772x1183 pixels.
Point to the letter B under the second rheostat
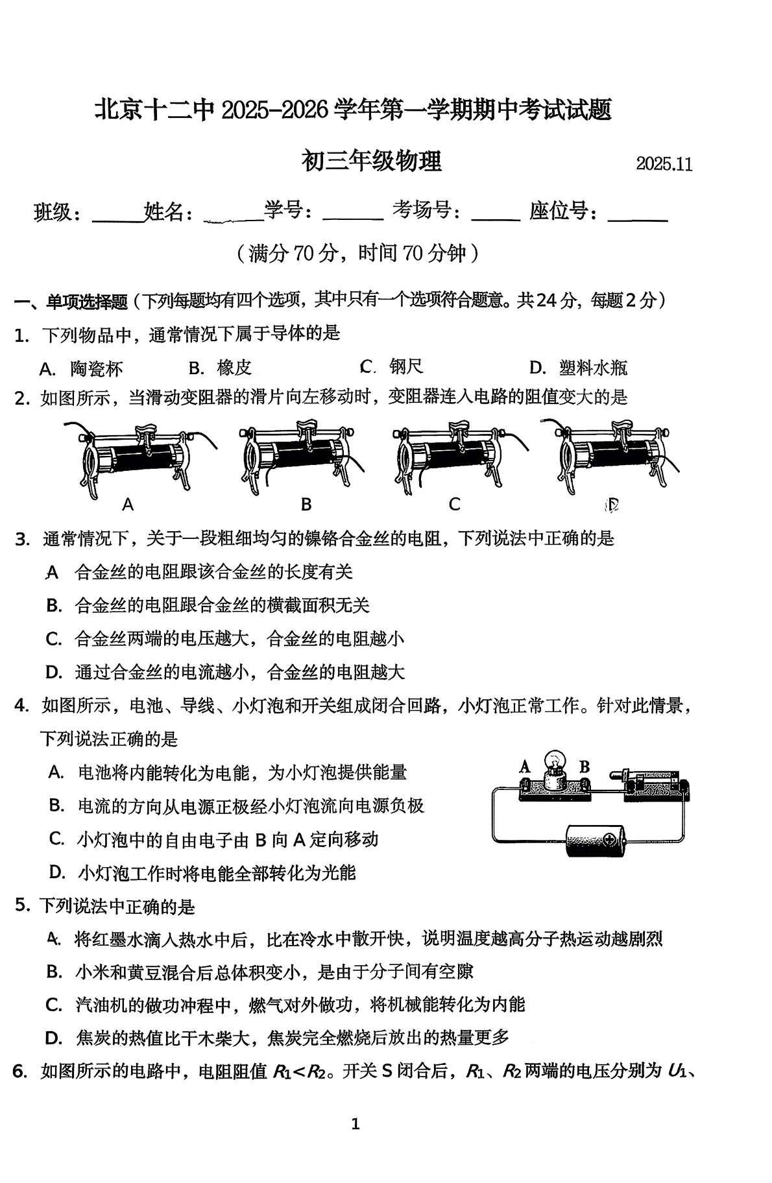(x=306, y=504)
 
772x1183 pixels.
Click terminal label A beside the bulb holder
(x=524, y=767)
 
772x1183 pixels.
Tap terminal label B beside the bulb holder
(x=584, y=767)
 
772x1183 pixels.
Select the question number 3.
(x=22, y=539)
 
